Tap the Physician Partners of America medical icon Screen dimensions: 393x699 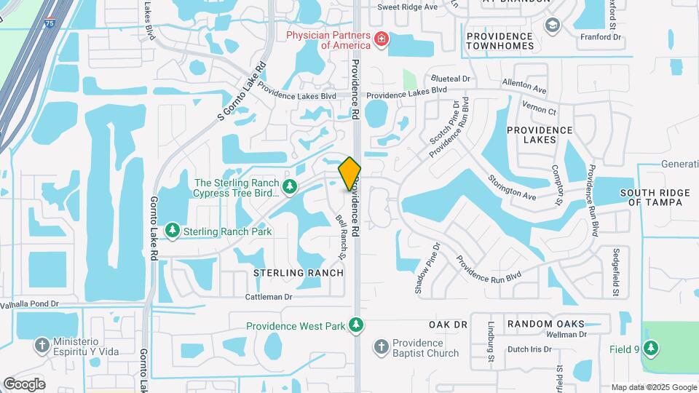click(380, 39)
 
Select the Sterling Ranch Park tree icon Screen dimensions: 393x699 click(172, 231)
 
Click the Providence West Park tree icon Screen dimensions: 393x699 click(355, 325)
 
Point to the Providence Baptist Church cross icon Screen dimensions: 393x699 click(382, 346)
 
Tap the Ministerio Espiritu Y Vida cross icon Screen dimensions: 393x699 click(42, 345)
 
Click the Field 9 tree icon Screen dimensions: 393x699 click(650, 349)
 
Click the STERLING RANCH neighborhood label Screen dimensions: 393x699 click(298, 273)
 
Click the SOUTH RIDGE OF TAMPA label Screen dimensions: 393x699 click(651, 197)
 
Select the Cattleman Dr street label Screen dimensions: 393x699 click(268, 297)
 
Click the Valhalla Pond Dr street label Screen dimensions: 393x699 click(29, 303)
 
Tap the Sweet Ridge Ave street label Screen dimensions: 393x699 click(408, 7)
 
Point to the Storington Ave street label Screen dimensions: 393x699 click(512, 186)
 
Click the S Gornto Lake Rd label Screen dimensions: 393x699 click(242, 92)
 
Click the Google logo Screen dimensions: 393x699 click(24, 384)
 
